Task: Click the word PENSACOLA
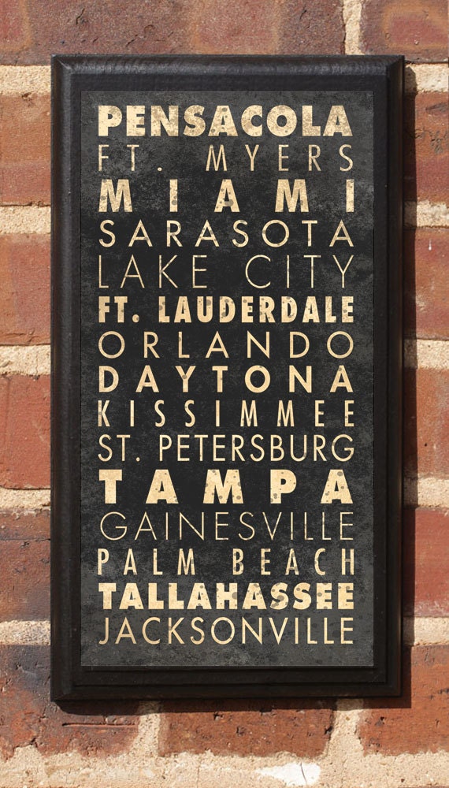pos(225,121)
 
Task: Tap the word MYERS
pos(279,158)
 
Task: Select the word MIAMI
pos(225,196)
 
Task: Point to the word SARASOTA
pos(225,234)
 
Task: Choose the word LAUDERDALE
pos(255,310)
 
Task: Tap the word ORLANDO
pos(225,346)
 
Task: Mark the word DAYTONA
pos(225,380)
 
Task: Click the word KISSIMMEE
pos(225,414)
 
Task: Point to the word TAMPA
pos(225,487)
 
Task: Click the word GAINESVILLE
pos(225,526)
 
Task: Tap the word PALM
pos(147,561)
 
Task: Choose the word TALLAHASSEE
pos(225,596)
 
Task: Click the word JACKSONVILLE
pos(225,630)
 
